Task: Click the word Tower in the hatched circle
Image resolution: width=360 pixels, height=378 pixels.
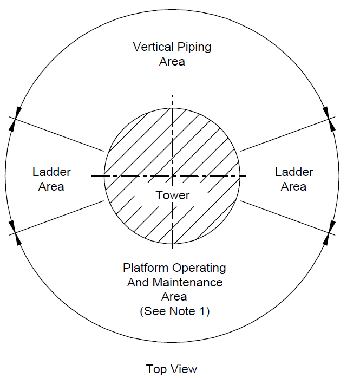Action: [x=172, y=195]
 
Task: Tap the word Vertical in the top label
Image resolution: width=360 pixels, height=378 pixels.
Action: [x=153, y=47]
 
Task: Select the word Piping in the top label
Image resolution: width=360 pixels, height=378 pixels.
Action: [x=194, y=47]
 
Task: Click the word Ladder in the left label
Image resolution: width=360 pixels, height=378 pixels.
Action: [x=51, y=172]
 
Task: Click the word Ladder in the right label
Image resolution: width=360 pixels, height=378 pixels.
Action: [x=294, y=172]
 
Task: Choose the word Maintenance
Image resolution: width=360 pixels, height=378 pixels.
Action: [x=188, y=283]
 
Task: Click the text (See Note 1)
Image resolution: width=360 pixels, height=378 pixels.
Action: [x=175, y=311]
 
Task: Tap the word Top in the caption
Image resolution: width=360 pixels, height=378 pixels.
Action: [x=156, y=369]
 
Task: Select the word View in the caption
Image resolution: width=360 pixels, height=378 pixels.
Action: [x=185, y=369]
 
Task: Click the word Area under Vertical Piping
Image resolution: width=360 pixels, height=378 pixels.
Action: [x=172, y=61]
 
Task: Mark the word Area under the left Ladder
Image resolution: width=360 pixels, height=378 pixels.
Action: [x=51, y=187]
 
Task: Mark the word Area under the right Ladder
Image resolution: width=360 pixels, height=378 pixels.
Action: [x=293, y=187]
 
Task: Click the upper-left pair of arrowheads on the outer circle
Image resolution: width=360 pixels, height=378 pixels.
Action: [x=15, y=119]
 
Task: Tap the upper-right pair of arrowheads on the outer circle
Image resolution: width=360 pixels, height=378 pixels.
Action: [x=329, y=119]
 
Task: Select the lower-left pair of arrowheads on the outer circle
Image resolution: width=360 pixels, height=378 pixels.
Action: [x=15, y=233]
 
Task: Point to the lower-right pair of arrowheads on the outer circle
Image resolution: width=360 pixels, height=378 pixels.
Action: [x=329, y=233]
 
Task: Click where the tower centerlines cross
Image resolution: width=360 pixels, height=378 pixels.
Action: [x=172, y=176]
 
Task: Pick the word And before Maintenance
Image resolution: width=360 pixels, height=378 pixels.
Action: [x=138, y=283]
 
